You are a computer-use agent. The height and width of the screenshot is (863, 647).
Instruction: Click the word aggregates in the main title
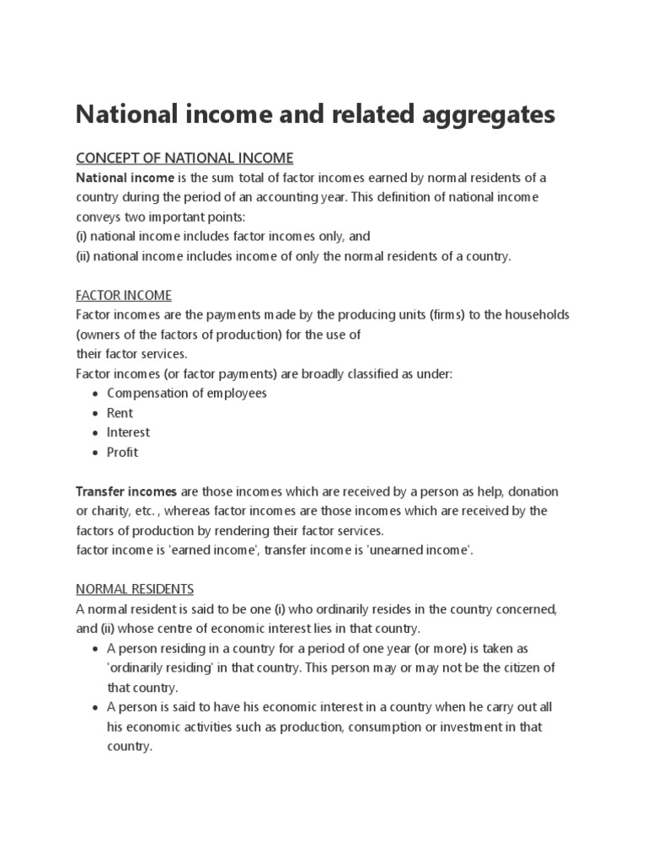[x=488, y=114]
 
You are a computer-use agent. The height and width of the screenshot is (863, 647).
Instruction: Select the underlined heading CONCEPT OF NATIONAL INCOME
[x=184, y=158]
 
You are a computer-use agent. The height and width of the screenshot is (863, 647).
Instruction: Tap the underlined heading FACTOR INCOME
[x=124, y=295]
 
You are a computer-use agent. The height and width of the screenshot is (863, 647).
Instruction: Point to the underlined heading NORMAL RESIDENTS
[x=135, y=588]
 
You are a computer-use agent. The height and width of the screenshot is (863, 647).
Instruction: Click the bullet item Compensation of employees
[x=186, y=394]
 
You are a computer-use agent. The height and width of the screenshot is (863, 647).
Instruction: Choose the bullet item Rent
[x=120, y=413]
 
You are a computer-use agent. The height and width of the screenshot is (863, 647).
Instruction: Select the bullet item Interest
[x=128, y=432]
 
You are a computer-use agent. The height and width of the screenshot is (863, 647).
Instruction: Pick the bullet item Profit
[x=122, y=452]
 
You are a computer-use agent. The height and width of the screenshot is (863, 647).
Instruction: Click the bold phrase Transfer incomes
[x=126, y=491]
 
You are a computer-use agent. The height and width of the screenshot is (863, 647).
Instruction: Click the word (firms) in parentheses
[x=428, y=314]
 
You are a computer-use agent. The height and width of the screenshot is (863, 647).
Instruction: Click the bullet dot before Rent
[x=95, y=414]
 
